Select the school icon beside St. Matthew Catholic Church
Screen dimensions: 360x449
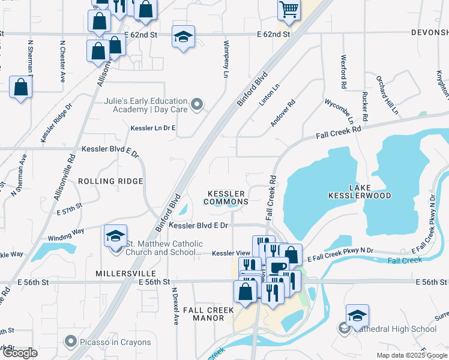click(115, 236)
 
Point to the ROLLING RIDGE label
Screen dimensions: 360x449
click(110, 181)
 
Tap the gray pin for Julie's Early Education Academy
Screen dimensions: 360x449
click(196, 106)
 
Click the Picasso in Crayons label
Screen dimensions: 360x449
click(115, 343)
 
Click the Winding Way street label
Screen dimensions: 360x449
click(66, 238)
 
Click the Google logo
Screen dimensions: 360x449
click(20, 353)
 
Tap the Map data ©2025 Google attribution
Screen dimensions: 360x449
click(411, 355)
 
